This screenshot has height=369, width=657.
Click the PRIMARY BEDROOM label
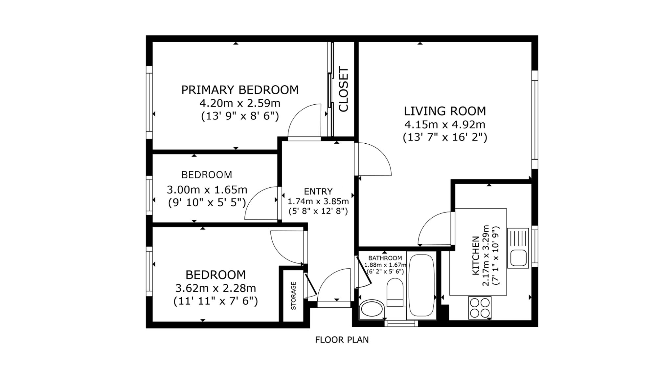click(x=240, y=90)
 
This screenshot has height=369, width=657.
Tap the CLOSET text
click(x=344, y=89)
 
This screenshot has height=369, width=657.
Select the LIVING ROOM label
click(x=445, y=111)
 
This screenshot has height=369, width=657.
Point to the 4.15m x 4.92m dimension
click(x=445, y=125)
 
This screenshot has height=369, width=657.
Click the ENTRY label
click(x=318, y=191)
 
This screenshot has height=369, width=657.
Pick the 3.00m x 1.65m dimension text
click(x=207, y=190)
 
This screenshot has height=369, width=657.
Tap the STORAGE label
click(x=294, y=296)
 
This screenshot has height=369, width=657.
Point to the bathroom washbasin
click(x=372, y=309)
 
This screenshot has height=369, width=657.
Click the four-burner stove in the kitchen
click(x=480, y=308)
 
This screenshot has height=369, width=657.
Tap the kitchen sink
click(x=518, y=248)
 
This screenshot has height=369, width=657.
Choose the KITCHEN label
click(x=475, y=256)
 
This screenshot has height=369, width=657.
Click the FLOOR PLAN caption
click(x=342, y=340)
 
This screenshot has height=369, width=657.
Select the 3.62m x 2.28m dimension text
click(x=215, y=288)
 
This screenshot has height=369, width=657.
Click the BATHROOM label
click(x=385, y=258)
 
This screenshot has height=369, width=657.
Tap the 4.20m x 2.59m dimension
click(x=240, y=103)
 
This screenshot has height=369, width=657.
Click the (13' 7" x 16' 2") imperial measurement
click(x=445, y=137)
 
